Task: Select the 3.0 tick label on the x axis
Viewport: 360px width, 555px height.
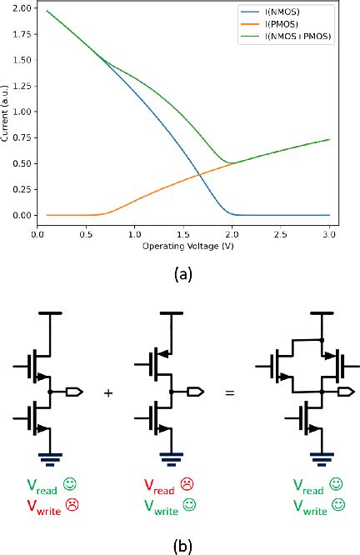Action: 330,236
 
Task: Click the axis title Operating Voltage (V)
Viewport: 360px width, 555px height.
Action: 182,247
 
